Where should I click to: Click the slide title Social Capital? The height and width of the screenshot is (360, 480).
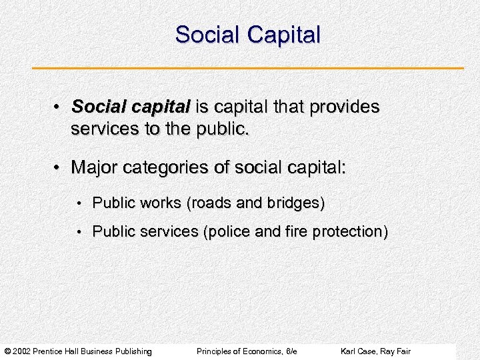pos(247,35)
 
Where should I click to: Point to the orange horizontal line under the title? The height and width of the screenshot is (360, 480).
pos(247,68)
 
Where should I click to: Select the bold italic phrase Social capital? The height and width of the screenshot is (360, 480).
pos(131,107)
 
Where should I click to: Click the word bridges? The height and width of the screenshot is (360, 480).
pos(296,203)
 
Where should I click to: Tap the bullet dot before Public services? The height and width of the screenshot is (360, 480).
pos(79,233)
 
